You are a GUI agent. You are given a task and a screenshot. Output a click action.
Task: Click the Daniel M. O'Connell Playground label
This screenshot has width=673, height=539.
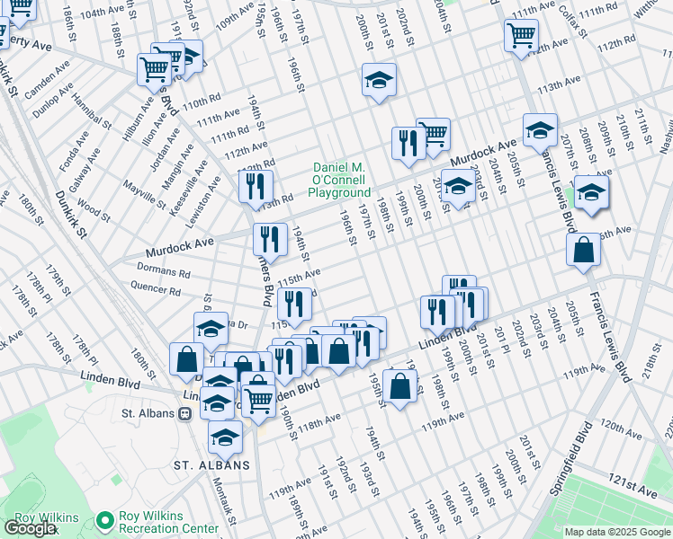[x=341, y=180]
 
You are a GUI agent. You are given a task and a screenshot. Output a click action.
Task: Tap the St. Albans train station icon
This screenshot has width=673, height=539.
[x=185, y=414]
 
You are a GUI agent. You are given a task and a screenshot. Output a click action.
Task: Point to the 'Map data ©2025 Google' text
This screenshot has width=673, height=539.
[x=616, y=532]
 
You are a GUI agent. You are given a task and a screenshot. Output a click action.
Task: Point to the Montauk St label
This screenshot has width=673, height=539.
[x=227, y=501]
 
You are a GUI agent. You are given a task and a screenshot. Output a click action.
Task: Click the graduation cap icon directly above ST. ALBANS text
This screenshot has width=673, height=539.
[x=225, y=438]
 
